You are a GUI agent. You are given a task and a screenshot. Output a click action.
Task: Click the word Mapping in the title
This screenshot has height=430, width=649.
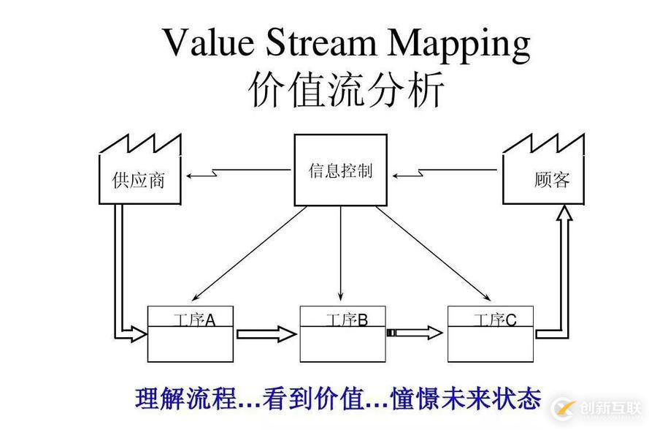pos(458,44)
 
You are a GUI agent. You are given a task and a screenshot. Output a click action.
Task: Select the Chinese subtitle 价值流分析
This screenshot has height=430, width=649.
pos(346,91)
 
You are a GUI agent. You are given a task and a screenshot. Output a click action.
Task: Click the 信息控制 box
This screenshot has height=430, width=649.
pos(340,170)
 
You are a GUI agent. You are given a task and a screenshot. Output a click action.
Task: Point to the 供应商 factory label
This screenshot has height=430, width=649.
pos(139,180)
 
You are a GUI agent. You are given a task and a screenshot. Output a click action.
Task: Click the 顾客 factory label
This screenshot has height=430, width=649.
pos(551,179)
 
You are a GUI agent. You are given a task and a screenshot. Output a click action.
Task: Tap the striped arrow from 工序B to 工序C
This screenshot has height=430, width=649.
pos(415,333)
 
